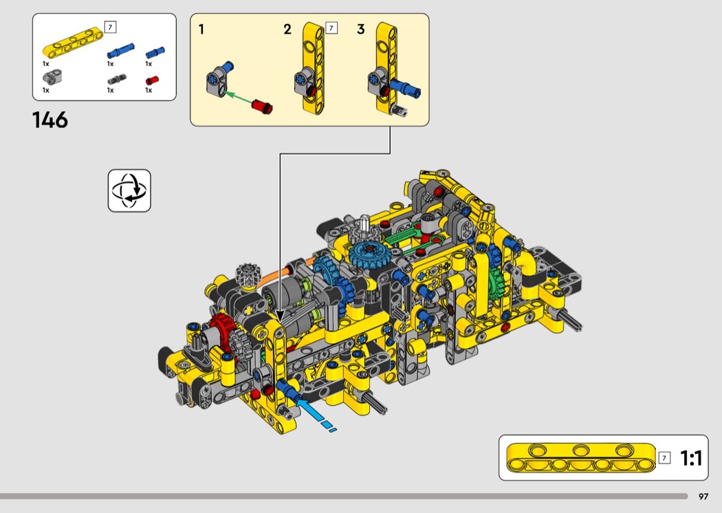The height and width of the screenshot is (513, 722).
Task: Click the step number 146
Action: [50, 120]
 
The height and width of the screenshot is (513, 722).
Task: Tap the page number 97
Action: [703, 496]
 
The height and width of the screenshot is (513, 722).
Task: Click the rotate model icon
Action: [129, 190]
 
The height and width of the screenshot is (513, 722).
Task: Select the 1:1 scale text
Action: [690, 458]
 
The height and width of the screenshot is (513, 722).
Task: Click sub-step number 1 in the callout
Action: [201, 30]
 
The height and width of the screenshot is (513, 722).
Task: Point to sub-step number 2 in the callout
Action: [287, 30]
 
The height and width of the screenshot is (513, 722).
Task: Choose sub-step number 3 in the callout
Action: [361, 30]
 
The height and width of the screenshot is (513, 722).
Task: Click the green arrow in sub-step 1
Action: [238, 98]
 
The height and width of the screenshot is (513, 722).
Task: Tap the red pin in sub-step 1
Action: [262, 107]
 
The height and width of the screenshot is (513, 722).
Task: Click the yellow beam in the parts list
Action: [73, 43]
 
